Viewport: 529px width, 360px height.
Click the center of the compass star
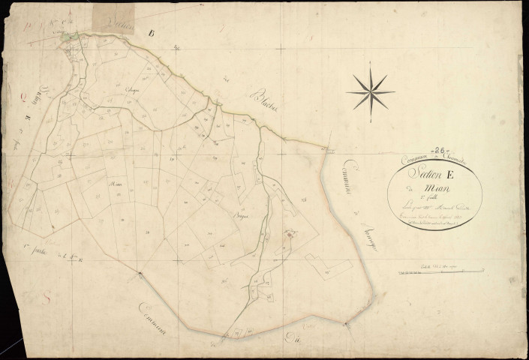pos(370,91)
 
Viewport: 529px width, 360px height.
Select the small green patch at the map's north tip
pos(70,36)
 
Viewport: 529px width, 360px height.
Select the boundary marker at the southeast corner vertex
pos(346,324)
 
